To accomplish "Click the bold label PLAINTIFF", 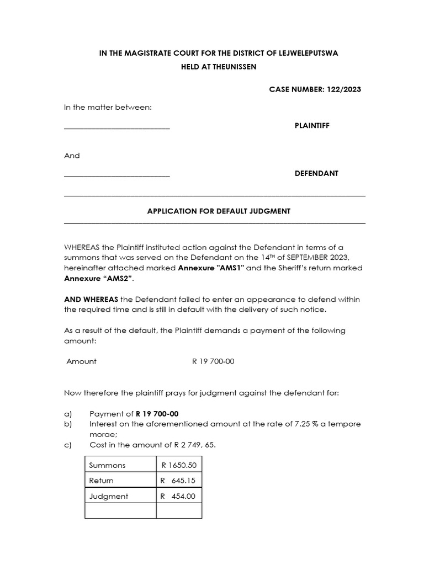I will click(312, 126).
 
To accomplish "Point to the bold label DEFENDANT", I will click(316, 173).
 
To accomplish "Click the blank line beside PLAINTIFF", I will click(117, 128).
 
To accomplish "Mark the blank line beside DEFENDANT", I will click(117, 175).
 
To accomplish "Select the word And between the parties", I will click(72, 156).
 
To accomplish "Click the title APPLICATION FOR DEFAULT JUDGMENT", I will click(219, 211).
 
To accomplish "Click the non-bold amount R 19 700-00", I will click(213, 361).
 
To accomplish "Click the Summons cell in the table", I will click(108, 465).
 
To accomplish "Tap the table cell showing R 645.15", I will click(178, 481).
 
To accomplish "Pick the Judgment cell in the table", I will click(109, 496).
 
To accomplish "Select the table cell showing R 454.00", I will click(178, 496).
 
